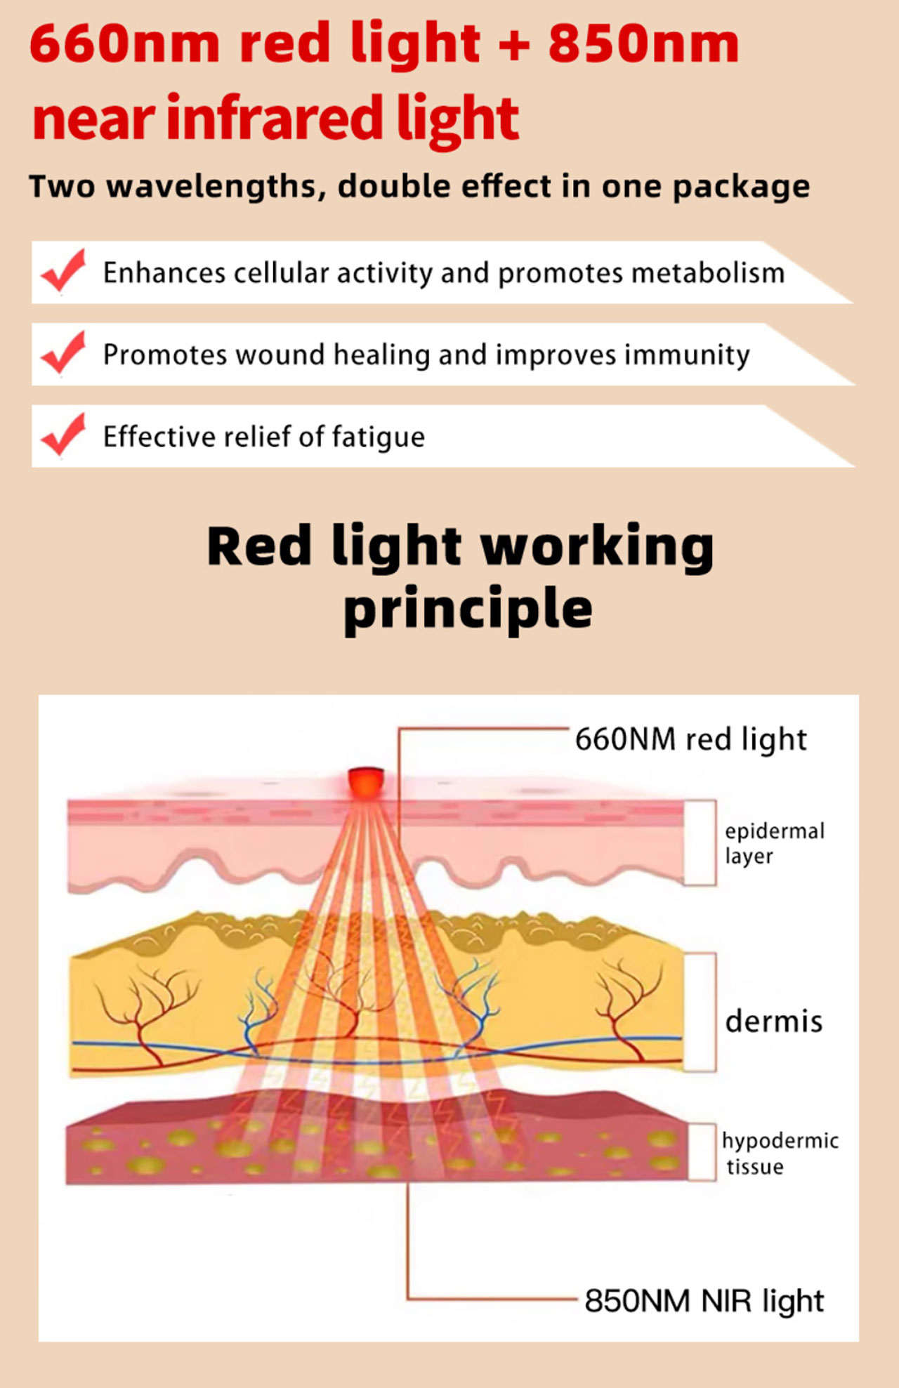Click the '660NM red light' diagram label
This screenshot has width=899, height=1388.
[691, 740]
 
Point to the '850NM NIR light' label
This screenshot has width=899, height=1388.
[704, 1301]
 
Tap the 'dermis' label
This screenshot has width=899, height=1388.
[773, 1021]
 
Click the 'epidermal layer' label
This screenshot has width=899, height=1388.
[775, 843]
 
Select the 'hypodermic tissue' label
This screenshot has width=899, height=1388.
[780, 1154]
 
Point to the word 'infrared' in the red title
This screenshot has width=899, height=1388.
[275, 117]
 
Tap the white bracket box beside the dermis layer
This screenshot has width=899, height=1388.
[700, 1012]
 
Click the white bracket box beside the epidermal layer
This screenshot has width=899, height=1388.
[700, 842]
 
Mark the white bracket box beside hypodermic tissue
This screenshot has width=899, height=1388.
[702, 1152]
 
